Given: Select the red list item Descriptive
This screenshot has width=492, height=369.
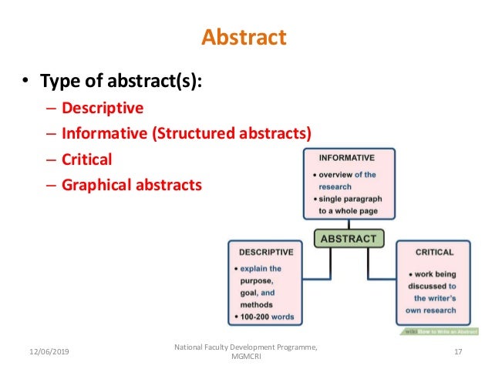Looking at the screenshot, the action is [x=103, y=109].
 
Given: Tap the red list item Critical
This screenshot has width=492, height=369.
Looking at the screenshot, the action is [x=87, y=159].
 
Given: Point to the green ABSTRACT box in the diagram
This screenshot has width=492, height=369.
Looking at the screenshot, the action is [x=349, y=238].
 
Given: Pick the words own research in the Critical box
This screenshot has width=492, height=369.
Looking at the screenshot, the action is [x=432, y=310].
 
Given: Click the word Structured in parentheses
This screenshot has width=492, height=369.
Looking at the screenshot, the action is [x=193, y=134].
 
